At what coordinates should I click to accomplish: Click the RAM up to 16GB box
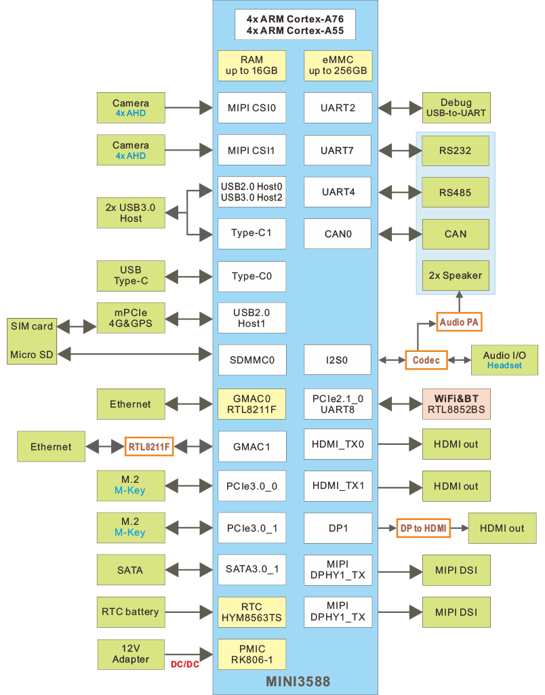click(251, 66)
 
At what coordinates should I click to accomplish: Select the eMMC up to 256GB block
click(338, 66)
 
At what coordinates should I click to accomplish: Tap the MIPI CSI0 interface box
click(251, 107)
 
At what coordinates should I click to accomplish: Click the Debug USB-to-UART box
click(456, 108)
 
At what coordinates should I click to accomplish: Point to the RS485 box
click(456, 193)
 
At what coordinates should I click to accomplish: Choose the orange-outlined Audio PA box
click(460, 322)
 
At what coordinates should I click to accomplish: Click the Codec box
click(426, 360)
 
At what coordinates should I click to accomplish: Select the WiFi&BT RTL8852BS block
click(456, 404)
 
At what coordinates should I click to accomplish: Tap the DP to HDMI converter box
click(424, 528)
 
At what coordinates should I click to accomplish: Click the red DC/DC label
click(184, 664)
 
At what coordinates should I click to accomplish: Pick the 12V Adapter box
click(131, 654)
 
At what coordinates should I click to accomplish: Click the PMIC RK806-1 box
click(251, 654)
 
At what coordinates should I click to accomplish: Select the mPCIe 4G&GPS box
click(131, 318)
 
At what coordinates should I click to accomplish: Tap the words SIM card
click(32, 326)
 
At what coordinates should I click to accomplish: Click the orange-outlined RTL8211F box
click(149, 447)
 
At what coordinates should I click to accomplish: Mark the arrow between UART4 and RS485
click(397, 193)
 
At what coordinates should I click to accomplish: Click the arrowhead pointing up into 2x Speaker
click(459, 296)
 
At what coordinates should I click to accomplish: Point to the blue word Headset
click(504, 365)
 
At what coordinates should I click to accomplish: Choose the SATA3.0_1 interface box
click(251, 570)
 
